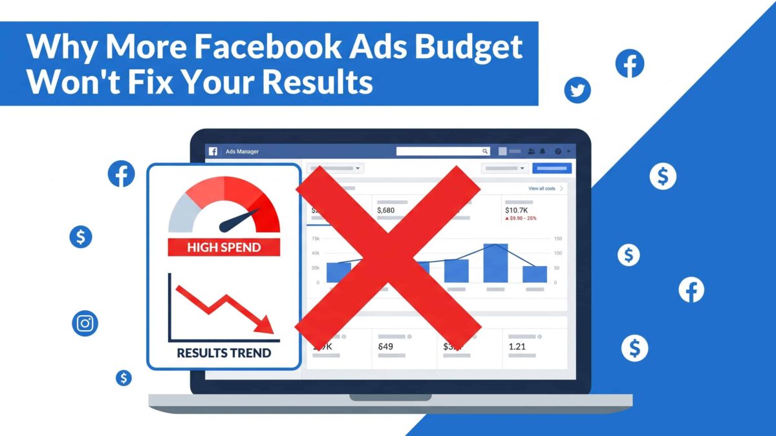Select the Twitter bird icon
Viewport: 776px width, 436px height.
(577, 90)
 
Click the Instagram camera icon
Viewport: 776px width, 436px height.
(85, 323)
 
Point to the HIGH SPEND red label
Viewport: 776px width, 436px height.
(224, 247)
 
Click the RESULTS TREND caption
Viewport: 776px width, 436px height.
(224, 353)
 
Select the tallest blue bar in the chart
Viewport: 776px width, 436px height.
(495, 263)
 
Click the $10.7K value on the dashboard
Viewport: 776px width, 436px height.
(517, 210)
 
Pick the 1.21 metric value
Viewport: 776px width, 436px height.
(518, 347)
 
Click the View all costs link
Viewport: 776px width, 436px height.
(542, 189)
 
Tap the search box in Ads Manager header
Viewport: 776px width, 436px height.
(443, 151)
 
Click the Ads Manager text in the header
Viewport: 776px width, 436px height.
(242, 152)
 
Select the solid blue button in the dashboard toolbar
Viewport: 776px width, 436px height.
(552, 169)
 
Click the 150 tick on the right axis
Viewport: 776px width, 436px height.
(557, 239)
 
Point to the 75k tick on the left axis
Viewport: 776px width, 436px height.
(316, 239)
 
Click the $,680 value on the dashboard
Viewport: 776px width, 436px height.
(385, 210)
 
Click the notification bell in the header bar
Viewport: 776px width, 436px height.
(543, 151)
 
